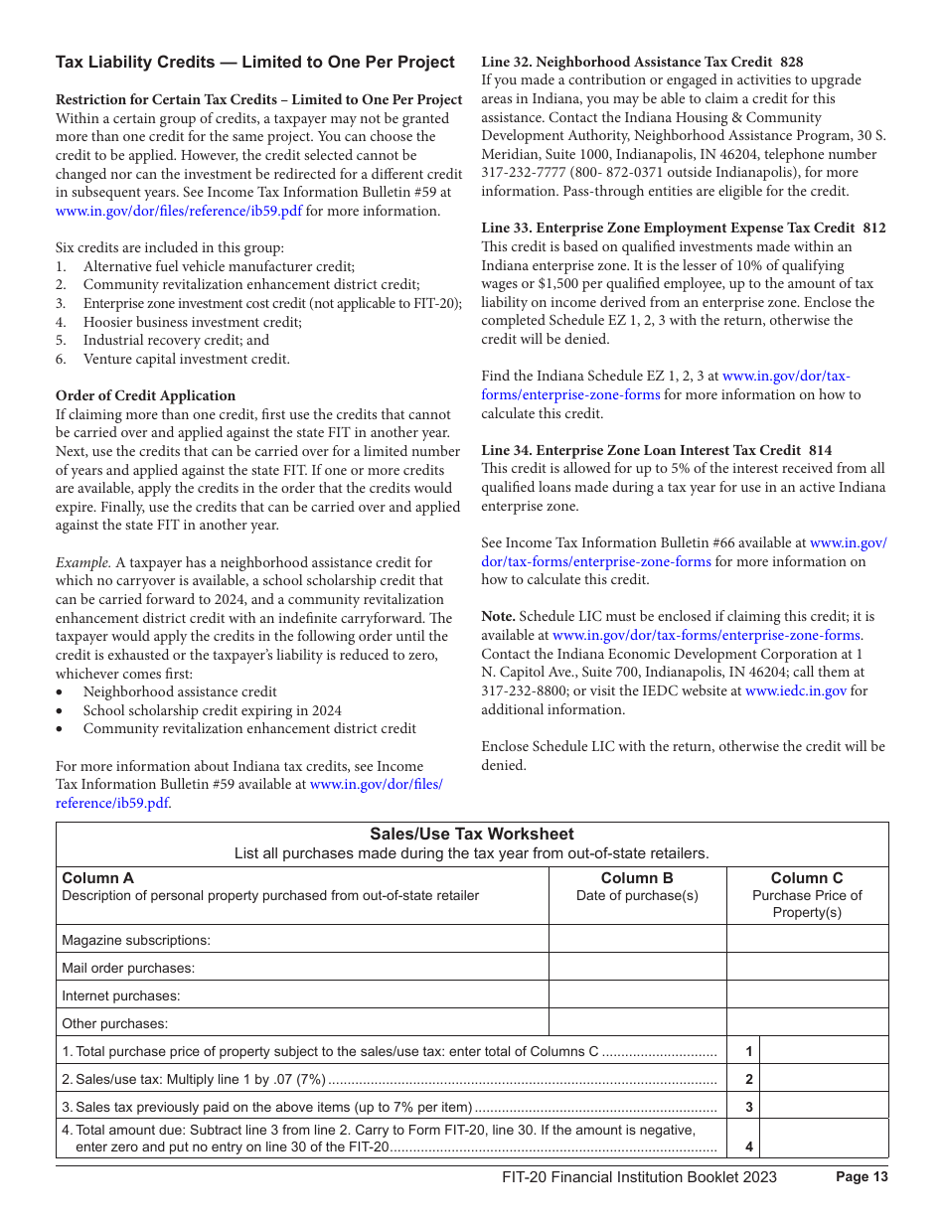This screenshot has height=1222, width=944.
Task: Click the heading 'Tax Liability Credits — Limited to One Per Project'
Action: pos(254,63)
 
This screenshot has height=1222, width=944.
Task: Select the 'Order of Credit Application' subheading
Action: pos(145,395)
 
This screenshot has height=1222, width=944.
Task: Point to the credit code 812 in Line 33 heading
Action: pos(874,229)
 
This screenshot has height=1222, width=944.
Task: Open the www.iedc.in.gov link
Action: pos(796,691)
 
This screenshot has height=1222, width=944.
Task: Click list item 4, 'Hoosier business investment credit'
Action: pos(193,322)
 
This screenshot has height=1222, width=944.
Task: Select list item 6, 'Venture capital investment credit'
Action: pos(187,359)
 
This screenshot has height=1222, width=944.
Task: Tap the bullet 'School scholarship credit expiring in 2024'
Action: pos(212,710)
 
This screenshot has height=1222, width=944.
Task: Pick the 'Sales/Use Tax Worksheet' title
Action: pos(472,835)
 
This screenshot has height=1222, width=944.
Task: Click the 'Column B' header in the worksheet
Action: pos(637,878)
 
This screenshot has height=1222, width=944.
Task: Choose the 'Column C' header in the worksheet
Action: pos(807,878)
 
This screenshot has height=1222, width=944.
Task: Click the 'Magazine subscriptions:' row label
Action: pos(136,940)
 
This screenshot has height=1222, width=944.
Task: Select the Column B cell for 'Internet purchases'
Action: pos(637,994)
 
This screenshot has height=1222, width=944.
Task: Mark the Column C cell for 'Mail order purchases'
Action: pos(807,967)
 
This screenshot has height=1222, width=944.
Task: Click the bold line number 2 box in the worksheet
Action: pos(748,1079)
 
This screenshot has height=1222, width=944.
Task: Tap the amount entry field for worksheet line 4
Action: pos(824,1139)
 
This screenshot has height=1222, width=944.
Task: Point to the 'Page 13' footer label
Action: pos(862,1177)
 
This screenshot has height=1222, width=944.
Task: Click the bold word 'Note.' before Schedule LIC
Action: pos(499,617)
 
